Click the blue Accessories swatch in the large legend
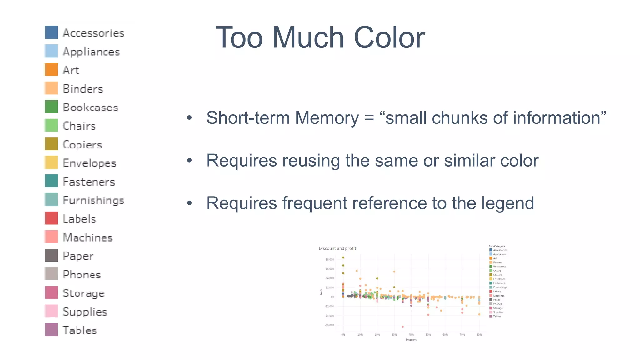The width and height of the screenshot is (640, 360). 51,32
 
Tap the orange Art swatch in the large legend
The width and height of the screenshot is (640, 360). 51,69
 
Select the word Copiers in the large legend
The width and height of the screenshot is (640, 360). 82,144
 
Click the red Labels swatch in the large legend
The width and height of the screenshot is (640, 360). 51,218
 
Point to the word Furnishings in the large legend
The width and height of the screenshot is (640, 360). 93,200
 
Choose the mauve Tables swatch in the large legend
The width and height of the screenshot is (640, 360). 51,330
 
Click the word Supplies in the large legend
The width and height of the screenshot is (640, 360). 85,312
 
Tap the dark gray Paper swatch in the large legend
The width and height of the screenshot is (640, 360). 51,255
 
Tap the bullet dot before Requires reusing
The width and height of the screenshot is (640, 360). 189,161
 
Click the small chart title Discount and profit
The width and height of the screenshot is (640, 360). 337,248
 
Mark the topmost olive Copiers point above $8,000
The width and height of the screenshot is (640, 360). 343,257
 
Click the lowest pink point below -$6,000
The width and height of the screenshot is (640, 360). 402,327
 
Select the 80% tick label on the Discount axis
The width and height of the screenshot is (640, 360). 479,335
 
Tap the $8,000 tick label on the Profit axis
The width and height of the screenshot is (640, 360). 329,259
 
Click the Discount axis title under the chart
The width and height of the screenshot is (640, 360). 411,340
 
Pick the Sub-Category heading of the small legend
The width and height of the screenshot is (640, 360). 497,246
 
